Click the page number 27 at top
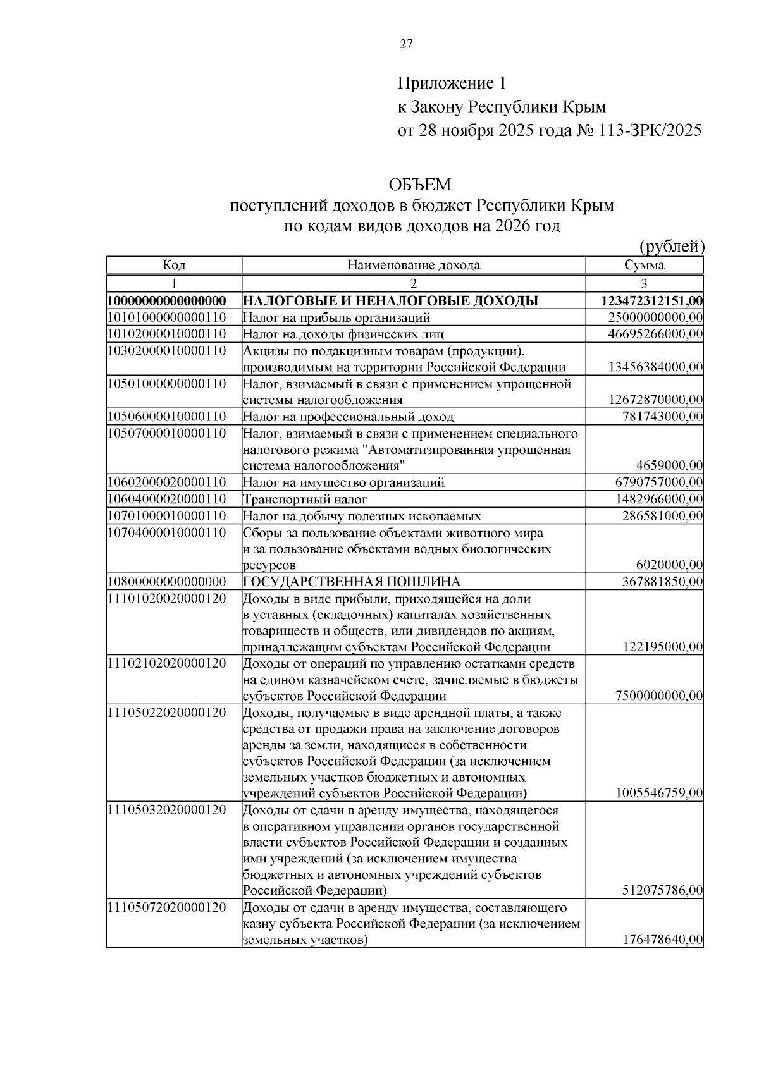pyautogui.click(x=406, y=44)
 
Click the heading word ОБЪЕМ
pyautogui.click(x=420, y=185)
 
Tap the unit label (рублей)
pyautogui.click(x=671, y=247)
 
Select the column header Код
pyautogui.click(x=174, y=266)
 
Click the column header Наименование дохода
pyautogui.click(x=414, y=266)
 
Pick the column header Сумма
pyautogui.click(x=644, y=266)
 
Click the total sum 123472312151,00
pyautogui.click(x=652, y=301)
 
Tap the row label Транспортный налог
pyautogui.click(x=305, y=500)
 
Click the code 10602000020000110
pyautogui.click(x=167, y=482)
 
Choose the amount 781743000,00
pyautogui.click(x=662, y=417)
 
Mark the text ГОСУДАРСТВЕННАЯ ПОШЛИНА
pyautogui.click(x=352, y=582)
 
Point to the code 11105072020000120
pyautogui.click(x=167, y=908)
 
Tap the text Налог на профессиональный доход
pyautogui.click(x=348, y=417)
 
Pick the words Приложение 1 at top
pyautogui.click(x=452, y=83)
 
